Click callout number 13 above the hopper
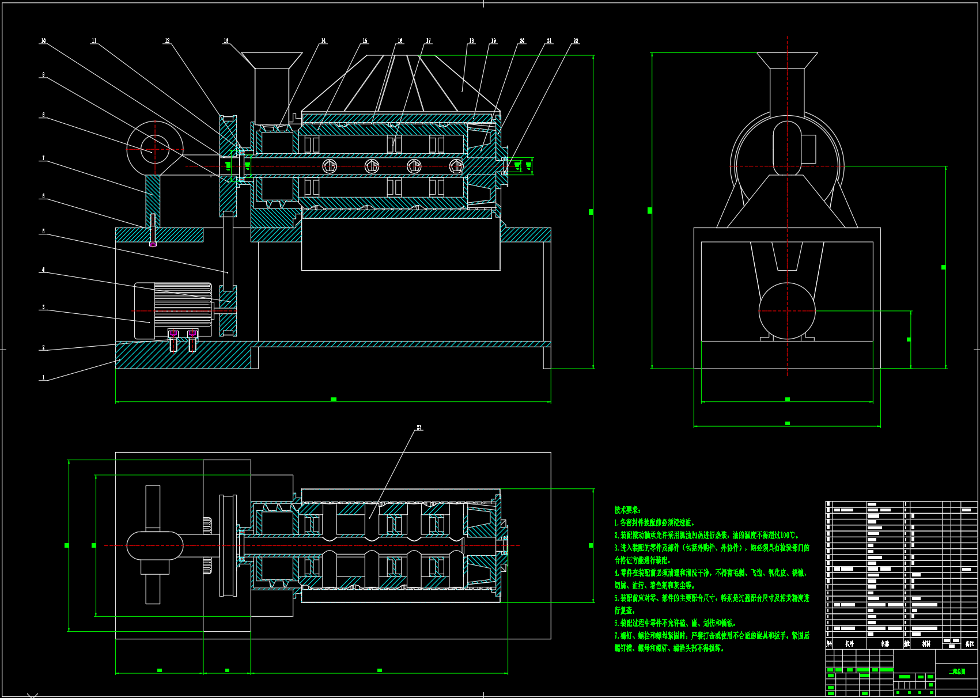(226, 41)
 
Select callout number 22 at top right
(576, 41)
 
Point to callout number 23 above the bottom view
(419, 427)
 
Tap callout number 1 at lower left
(43, 378)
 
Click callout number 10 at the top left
(43, 41)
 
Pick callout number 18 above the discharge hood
(471, 41)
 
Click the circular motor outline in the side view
(787, 311)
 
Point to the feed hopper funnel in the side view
(787, 60)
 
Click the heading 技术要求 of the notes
(627, 510)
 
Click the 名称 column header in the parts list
(885, 643)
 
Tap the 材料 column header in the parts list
(926, 643)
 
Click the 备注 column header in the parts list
(970, 643)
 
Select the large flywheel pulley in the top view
(228, 545)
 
